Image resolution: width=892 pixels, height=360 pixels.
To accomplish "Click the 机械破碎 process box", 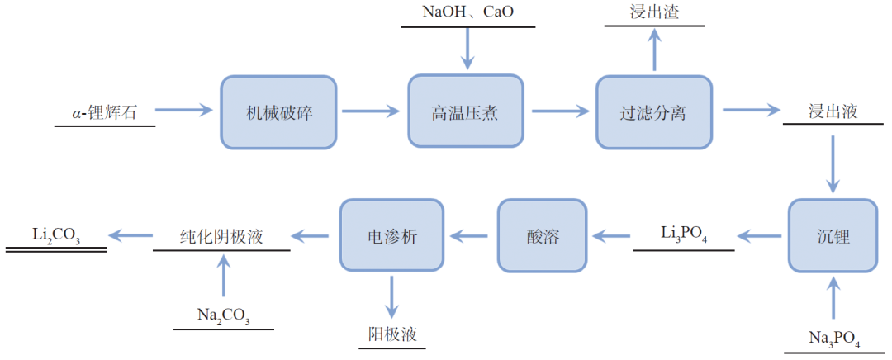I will [x=278, y=112].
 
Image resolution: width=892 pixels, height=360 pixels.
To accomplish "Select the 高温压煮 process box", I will [x=466, y=112].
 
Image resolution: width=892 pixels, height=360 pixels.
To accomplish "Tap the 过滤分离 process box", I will [x=653, y=112].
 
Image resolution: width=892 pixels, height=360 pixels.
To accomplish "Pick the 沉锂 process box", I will [x=833, y=236].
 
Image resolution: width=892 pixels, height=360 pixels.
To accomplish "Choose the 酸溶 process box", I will [x=542, y=236].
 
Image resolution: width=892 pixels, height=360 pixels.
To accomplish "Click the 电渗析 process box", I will [x=392, y=236].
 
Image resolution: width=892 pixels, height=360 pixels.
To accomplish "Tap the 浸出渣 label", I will [x=654, y=12].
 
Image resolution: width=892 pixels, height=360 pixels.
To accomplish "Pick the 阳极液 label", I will [x=392, y=334].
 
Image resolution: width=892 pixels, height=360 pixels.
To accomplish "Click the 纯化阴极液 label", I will [x=221, y=236].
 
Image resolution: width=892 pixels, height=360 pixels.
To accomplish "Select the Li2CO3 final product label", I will [x=56, y=235].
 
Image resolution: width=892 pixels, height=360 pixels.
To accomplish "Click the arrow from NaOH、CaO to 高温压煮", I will [x=467, y=49].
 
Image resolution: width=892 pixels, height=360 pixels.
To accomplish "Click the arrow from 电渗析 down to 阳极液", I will [x=392, y=296].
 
